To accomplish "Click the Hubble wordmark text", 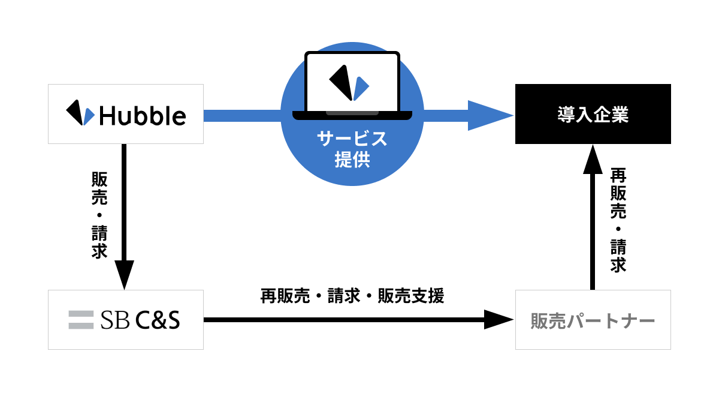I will click(x=143, y=115).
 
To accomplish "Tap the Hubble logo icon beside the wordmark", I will click(x=80, y=113).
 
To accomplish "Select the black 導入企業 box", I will click(x=593, y=114).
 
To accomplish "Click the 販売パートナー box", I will click(x=593, y=320).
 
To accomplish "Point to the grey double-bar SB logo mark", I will click(x=81, y=320).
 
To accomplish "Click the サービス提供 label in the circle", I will click(x=352, y=149).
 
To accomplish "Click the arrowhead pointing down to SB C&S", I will click(x=125, y=275).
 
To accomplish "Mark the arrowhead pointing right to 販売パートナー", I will click(x=499, y=320).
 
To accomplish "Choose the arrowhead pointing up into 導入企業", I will click(x=593, y=159).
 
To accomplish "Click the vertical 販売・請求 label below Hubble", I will click(x=99, y=215).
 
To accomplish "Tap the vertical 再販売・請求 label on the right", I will click(x=618, y=220).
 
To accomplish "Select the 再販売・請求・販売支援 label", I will click(x=352, y=296).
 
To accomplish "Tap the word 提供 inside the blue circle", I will click(x=352, y=160).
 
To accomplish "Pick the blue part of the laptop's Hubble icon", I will click(x=361, y=89).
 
